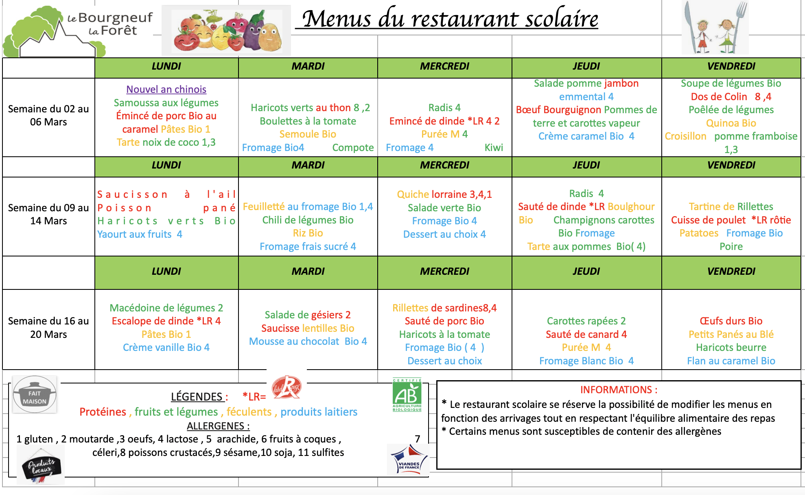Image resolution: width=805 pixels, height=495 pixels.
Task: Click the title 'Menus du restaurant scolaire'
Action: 450,19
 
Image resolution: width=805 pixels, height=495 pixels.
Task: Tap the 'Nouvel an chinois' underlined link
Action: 166,89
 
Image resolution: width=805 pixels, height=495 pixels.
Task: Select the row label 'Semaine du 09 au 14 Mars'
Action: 48,215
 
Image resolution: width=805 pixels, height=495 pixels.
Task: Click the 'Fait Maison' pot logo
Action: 35,394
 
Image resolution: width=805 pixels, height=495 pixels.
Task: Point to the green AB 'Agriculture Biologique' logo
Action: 407,395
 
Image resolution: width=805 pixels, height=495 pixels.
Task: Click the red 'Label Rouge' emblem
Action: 287,387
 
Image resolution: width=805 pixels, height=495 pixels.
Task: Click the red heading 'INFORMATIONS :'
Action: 618,390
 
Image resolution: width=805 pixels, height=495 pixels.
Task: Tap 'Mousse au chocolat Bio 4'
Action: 308,342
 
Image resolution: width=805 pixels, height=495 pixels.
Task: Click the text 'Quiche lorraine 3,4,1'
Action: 444,194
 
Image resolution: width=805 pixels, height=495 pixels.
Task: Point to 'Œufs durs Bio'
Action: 731,321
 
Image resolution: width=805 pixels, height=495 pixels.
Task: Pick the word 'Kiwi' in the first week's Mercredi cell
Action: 494,148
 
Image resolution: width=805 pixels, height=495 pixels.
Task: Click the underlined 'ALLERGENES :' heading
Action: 218,426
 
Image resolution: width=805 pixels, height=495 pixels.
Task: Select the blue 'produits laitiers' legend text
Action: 319,412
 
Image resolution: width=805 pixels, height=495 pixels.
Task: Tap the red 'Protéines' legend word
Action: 103,412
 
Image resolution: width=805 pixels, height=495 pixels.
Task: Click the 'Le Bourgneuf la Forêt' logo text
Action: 110,24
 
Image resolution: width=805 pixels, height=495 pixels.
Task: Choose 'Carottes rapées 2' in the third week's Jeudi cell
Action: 586,321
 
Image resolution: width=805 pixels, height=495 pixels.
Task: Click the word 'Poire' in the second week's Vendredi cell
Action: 731,247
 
